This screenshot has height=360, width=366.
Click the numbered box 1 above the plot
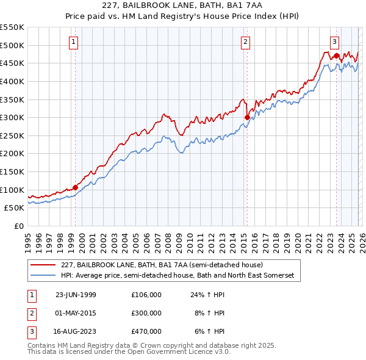pyautogui.click(x=73, y=42)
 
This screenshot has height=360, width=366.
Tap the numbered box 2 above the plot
pyautogui.click(x=245, y=42)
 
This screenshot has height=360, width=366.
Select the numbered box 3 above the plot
pyautogui.click(x=335, y=42)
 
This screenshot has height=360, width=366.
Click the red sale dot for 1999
pyautogui.click(x=76, y=187)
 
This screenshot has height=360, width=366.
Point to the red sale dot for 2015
pyautogui.click(x=247, y=118)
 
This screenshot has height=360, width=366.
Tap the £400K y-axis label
pyautogui.click(x=13, y=81)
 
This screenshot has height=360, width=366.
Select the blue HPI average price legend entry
pyautogui.click(x=177, y=276)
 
